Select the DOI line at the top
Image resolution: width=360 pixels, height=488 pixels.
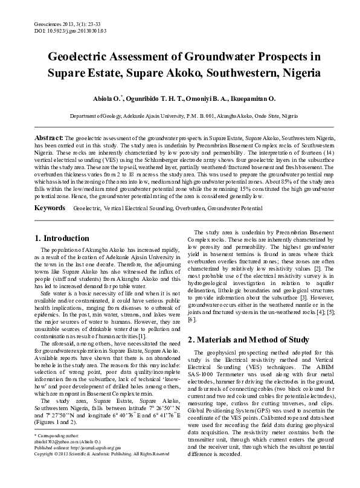tap(39, 12)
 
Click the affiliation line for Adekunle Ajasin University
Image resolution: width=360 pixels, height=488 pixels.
tap(179, 115)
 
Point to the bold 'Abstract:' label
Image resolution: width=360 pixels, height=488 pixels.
tap(50, 138)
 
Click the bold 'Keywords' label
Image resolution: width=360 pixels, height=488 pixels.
tap(50, 207)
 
